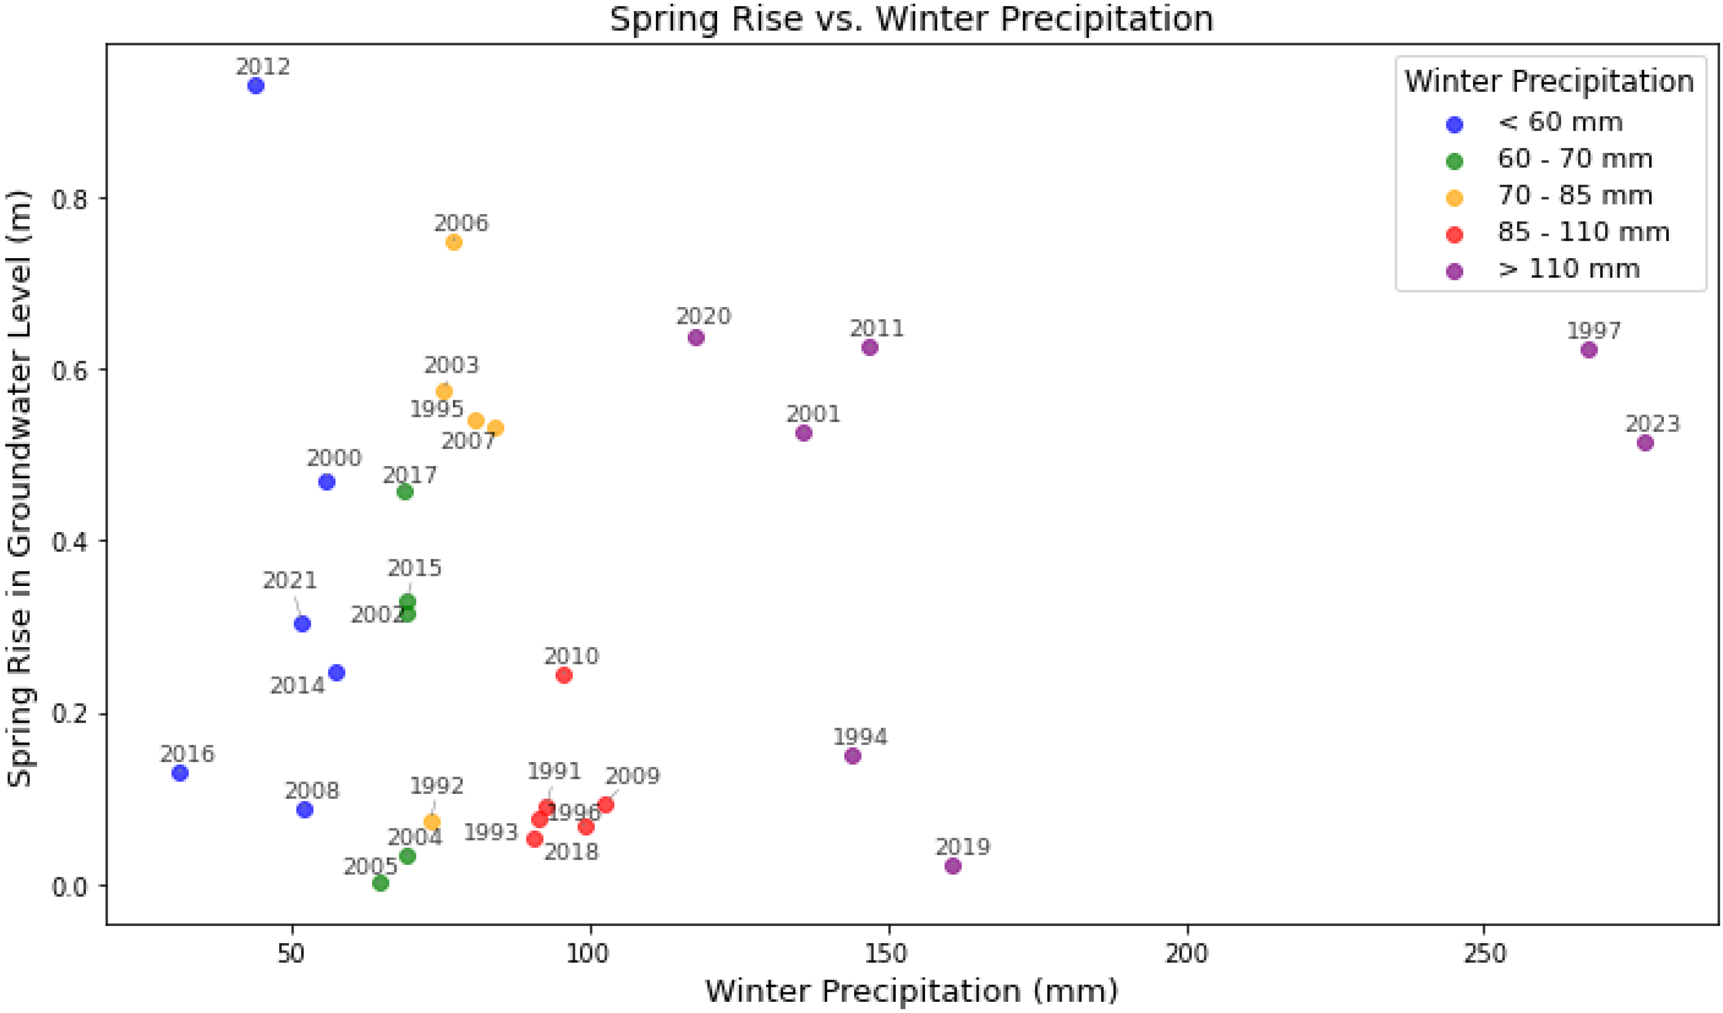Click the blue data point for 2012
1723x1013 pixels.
(x=256, y=86)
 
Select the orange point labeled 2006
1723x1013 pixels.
(x=454, y=242)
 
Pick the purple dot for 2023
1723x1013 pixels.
(x=1645, y=443)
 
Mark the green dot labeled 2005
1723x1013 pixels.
(x=381, y=883)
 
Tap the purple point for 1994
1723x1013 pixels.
(x=853, y=756)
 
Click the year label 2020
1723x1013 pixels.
(x=703, y=316)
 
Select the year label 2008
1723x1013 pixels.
(x=312, y=791)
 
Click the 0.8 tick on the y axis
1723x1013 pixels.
(x=71, y=199)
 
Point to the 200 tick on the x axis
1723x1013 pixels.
(x=1188, y=953)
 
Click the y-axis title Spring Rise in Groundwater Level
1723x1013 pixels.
(x=19, y=488)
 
